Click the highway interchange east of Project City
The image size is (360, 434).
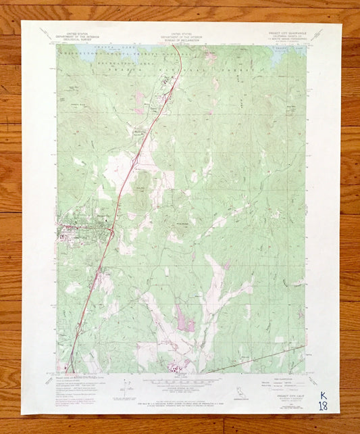click(x=112, y=233)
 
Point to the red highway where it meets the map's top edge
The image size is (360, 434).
click(x=180, y=47)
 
